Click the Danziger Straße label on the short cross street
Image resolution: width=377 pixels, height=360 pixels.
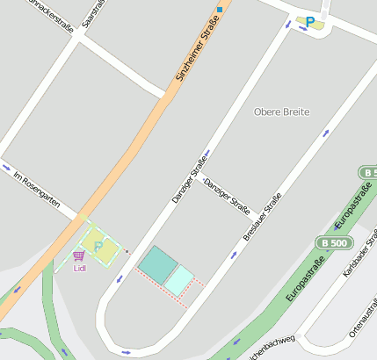[x=228, y=196]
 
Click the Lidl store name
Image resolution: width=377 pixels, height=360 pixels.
[x=80, y=268]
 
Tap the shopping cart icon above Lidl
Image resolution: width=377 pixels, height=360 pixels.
[x=79, y=256]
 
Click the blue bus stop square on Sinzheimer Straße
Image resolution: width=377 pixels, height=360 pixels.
[x=220, y=10]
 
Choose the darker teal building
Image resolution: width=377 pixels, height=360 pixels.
[x=158, y=263]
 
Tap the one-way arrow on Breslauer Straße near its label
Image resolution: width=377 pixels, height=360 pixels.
[x=234, y=256]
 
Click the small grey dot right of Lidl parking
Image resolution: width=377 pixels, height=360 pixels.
[x=128, y=252]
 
